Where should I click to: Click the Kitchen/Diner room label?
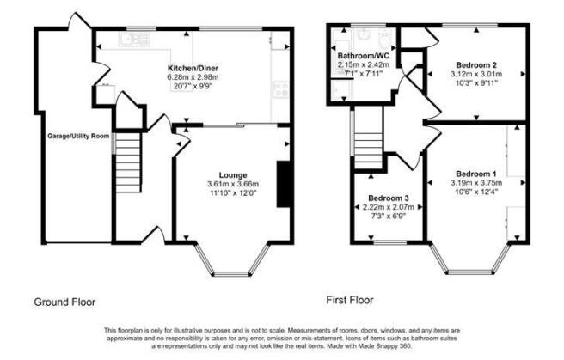[x=193, y=68]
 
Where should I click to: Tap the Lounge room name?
[x=233, y=175]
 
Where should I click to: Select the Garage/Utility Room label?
[x=78, y=136]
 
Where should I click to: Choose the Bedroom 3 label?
[x=389, y=198]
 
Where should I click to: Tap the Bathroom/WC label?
[x=364, y=57]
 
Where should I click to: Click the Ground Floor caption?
[x=64, y=302]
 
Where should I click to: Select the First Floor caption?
[x=350, y=300]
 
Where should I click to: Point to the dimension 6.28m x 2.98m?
[x=193, y=77]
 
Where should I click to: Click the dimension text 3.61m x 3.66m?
[x=233, y=185]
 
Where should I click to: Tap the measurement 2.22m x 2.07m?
[x=389, y=207]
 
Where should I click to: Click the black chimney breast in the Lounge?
[x=284, y=184]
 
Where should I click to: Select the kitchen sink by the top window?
[x=134, y=40]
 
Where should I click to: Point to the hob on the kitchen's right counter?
[x=280, y=89]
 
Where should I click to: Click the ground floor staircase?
[x=128, y=162]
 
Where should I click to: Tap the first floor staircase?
[x=368, y=151]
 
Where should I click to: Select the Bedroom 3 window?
[x=390, y=242]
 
